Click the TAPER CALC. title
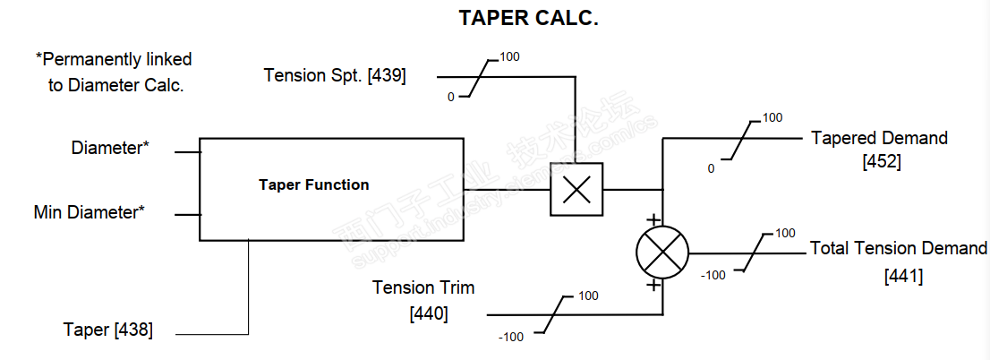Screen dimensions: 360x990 pyautogui.click(x=528, y=19)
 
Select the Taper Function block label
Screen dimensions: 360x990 pyautogui.click(x=313, y=185)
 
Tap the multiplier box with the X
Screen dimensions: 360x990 pyautogui.click(x=576, y=189)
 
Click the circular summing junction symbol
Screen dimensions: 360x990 pyautogui.click(x=662, y=252)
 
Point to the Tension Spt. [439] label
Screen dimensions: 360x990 pyautogui.click(x=335, y=75)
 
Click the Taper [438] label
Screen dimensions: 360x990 pyautogui.click(x=107, y=330)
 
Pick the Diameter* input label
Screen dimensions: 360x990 pyautogui.click(x=110, y=149)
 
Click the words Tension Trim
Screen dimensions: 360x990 pyautogui.click(x=423, y=287)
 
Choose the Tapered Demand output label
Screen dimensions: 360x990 pyautogui.click(x=879, y=138)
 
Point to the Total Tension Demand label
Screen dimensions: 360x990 pyautogui.click(x=898, y=248)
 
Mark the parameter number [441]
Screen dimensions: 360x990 pyautogui.click(x=903, y=276)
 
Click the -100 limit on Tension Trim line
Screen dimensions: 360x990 pyautogui.click(x=511, y=337)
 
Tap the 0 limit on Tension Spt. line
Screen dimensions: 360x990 pyautogui.click(x=451, y=97)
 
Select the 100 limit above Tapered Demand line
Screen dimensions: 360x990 pyautogui.click(x=772, y=117)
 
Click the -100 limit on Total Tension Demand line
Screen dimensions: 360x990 pyautogui.click(x=713, y=275)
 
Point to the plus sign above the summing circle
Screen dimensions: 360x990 pyautogui.click(x=653, y=219)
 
